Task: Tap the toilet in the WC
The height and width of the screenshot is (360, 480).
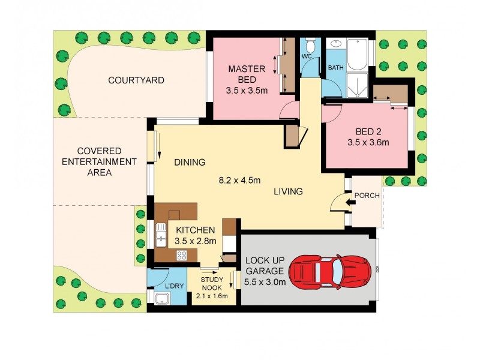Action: (310, 46)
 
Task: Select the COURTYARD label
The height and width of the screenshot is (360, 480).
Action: (136, 80)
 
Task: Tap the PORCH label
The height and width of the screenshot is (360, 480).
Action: (367, 195)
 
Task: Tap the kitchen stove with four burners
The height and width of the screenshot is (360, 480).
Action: (181, 256)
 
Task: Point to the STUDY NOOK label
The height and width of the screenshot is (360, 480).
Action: (212, 283)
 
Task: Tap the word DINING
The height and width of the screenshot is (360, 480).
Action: (190, 162)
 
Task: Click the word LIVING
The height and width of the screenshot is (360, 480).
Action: (288, 192)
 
